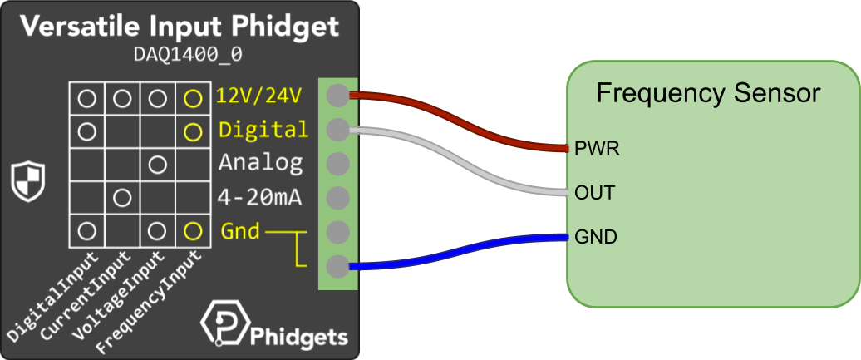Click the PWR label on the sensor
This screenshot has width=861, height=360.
point(597,150)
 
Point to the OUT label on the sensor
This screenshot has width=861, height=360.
point(595,193)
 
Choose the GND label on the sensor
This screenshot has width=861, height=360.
point(596,237)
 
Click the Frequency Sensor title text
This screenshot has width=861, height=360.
point(708,93)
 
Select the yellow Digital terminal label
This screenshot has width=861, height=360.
point(263,130)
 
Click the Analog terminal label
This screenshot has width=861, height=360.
point(260,163)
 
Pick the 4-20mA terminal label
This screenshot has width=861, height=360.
point(259,198)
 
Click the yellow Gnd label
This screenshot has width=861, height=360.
point(240,230)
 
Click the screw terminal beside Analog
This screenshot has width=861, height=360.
point(337,164)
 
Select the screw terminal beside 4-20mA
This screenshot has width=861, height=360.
point(337,198)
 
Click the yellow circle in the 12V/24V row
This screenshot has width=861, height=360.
point(193,98)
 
